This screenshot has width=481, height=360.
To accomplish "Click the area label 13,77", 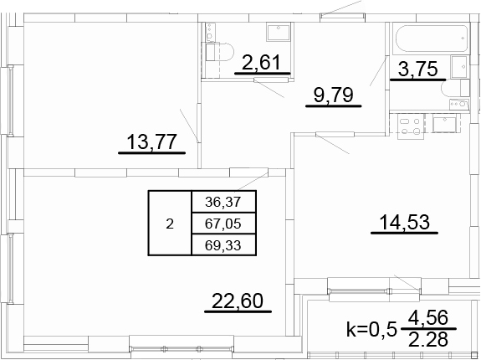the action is coord(152,141).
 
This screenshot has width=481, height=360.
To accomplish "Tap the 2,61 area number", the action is coord(261,62).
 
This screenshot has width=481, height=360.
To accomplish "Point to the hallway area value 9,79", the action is coord(334,95).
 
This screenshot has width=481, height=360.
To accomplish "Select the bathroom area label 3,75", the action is coord(417,69).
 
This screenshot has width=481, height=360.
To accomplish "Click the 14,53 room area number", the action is coord(404,222).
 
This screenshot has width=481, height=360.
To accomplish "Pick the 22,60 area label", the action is coord(238,301).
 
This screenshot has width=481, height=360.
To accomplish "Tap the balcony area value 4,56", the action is coord(428,317).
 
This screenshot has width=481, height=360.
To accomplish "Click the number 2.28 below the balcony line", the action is coord(428,339).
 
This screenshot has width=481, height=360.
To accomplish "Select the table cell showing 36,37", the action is coord(223,202).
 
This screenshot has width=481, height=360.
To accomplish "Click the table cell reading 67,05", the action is coord(223,224).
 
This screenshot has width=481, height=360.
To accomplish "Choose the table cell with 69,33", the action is coord(223,245).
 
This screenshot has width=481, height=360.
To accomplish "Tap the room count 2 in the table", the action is coord(170,224).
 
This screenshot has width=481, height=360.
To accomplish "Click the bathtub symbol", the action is coord(432,39).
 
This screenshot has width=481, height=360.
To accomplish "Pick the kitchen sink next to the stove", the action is coord(444,123).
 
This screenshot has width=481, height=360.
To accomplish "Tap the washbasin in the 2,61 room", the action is coord(279,33).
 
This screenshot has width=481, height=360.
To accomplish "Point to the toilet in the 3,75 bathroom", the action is coord(455,88).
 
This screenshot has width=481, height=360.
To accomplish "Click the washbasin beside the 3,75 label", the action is coord(459,67).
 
